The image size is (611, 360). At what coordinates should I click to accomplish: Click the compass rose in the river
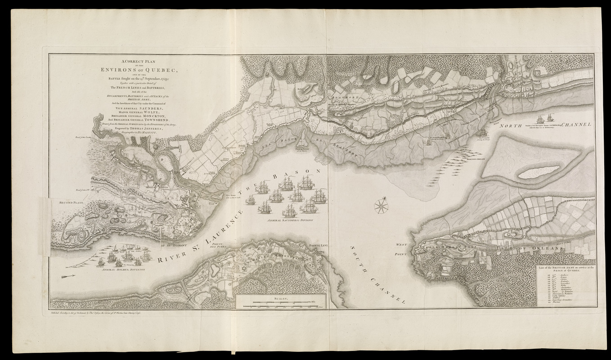381,206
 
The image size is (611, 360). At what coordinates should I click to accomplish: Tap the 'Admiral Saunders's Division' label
289,220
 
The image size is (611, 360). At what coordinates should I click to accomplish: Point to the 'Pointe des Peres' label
225,245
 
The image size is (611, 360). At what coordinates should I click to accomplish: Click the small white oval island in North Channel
539,171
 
